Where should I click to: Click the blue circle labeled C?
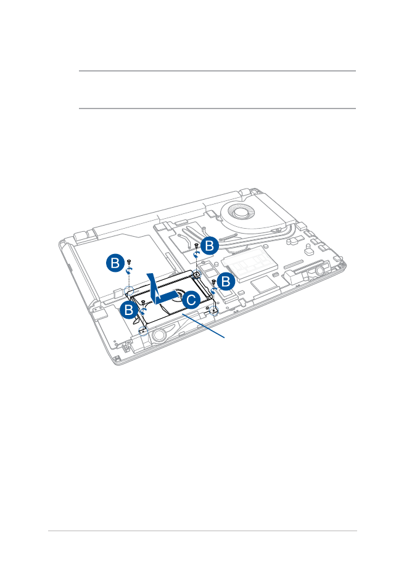tap(191, 300)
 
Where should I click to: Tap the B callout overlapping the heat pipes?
tap(210, 246)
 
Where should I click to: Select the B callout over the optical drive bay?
tap(115, 263)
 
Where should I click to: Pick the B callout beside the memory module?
tap(226, 281)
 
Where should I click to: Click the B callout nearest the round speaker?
tap(129, 310)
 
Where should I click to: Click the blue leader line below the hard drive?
tap(204, 326)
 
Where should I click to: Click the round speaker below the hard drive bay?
tap(159, 335)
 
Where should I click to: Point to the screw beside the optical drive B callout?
tap(130, 262)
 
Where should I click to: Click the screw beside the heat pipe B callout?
tap(196, 246)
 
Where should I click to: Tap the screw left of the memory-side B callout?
tap(213, 281)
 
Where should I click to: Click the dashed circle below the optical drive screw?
tap(129, 290)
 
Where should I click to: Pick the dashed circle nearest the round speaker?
tap(144, 330)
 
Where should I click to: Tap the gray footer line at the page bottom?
tap(202, 531)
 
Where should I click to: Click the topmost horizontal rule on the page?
tap(218, 71)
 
